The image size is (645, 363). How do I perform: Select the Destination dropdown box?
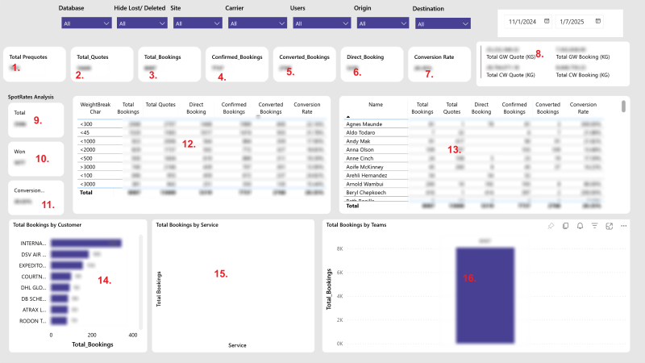(442, 24)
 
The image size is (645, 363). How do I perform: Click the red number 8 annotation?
(539, 53)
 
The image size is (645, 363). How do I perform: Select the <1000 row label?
(89, 140)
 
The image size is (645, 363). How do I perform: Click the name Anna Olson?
(360, 149)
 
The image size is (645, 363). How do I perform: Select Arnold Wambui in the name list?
(364, 183)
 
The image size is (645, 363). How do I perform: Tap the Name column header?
(375, 104)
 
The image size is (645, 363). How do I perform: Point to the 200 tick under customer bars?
(92, 334)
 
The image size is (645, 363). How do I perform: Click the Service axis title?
(237, 345)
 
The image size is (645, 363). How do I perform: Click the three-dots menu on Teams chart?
(623, 226)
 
